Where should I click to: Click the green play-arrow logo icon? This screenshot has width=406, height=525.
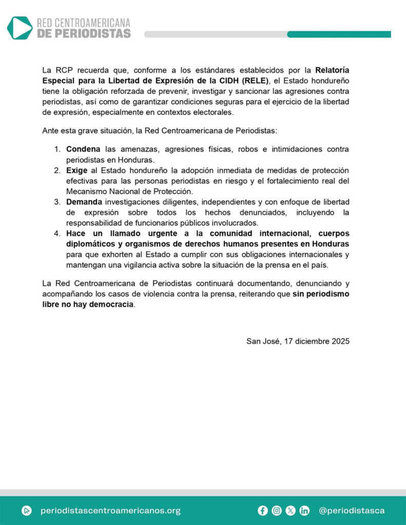[20, 28]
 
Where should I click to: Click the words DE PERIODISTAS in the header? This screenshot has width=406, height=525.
[84, 33]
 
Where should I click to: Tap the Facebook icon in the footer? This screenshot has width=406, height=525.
[263, 511]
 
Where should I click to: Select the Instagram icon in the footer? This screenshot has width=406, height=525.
[277, 511]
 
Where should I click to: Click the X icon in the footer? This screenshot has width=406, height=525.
[291, 511]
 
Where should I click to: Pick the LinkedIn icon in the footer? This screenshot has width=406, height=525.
[304, 511]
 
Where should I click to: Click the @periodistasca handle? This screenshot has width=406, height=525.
[352, 511]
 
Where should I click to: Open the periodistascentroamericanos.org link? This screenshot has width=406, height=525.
[110, 511]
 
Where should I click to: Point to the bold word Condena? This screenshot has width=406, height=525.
[83, 149]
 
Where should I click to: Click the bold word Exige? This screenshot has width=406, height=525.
[76, 170]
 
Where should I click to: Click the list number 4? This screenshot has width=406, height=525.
[57, 234]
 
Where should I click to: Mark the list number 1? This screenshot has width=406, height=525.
[57, 149]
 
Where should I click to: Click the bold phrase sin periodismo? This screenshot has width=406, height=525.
[321, 294]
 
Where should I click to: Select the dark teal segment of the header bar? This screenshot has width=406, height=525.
[339, 34]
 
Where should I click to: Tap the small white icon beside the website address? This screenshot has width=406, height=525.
[27, 511]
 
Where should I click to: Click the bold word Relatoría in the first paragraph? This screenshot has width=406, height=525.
[333, 69]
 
